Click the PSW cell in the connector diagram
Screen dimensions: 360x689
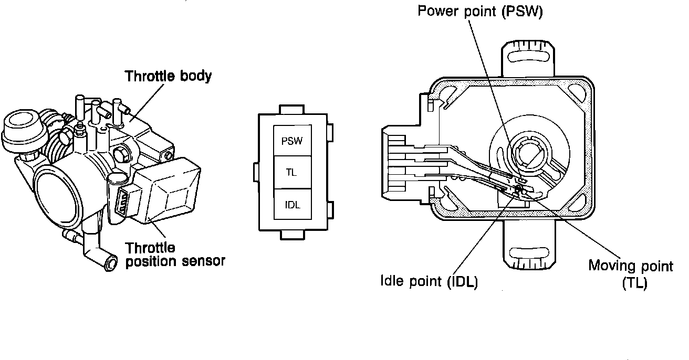pyautogui.click(x=293, y=141)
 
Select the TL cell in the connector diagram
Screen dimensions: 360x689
pyautogui.click(x=293, y=173)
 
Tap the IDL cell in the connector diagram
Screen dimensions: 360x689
pyautogui.click(x=293, y=205)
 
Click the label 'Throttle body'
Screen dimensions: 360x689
pyautogui.click(x=168, y=76)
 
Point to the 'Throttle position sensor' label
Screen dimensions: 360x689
pyautogui.click(x=174, y=254)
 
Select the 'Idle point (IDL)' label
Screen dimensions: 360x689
pyautogui.click(x=429, y=282)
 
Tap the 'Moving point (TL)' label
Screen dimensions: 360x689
pyautogui.click(x=630, y=273)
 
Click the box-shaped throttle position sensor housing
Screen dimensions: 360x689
pyautogui.click(x=168, y=189)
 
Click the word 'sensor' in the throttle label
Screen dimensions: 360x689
pyautogui.click(x=202, y=260)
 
